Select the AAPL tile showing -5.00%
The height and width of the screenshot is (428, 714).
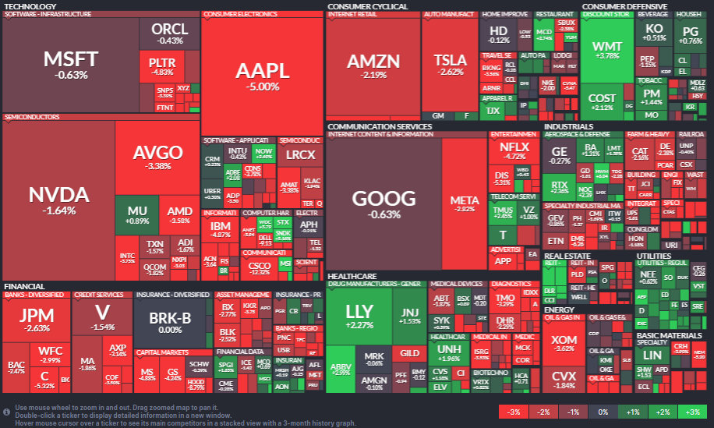click(262, 75)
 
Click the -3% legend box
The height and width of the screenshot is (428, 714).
click(513, 412)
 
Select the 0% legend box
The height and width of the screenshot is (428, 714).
click(603, 412)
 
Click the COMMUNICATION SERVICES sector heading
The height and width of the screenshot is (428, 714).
click(379, 126)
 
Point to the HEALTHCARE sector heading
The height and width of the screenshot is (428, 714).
click(352, 276)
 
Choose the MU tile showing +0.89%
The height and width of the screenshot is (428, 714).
click(136, 215)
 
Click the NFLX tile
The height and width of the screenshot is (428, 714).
click(514, 150)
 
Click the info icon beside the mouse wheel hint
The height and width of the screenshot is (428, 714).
click(6, 411)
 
